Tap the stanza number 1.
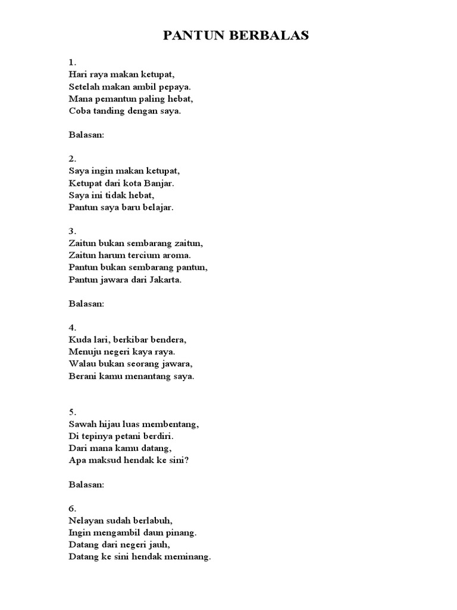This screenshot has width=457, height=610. click(x=71, y=62)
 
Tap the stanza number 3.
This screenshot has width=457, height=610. click(x=71, y=231)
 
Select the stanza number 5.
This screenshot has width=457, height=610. click(x=71, y=412)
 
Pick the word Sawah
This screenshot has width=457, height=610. click(x=82, y=424)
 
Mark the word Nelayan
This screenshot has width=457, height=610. click(x=87, y=521)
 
